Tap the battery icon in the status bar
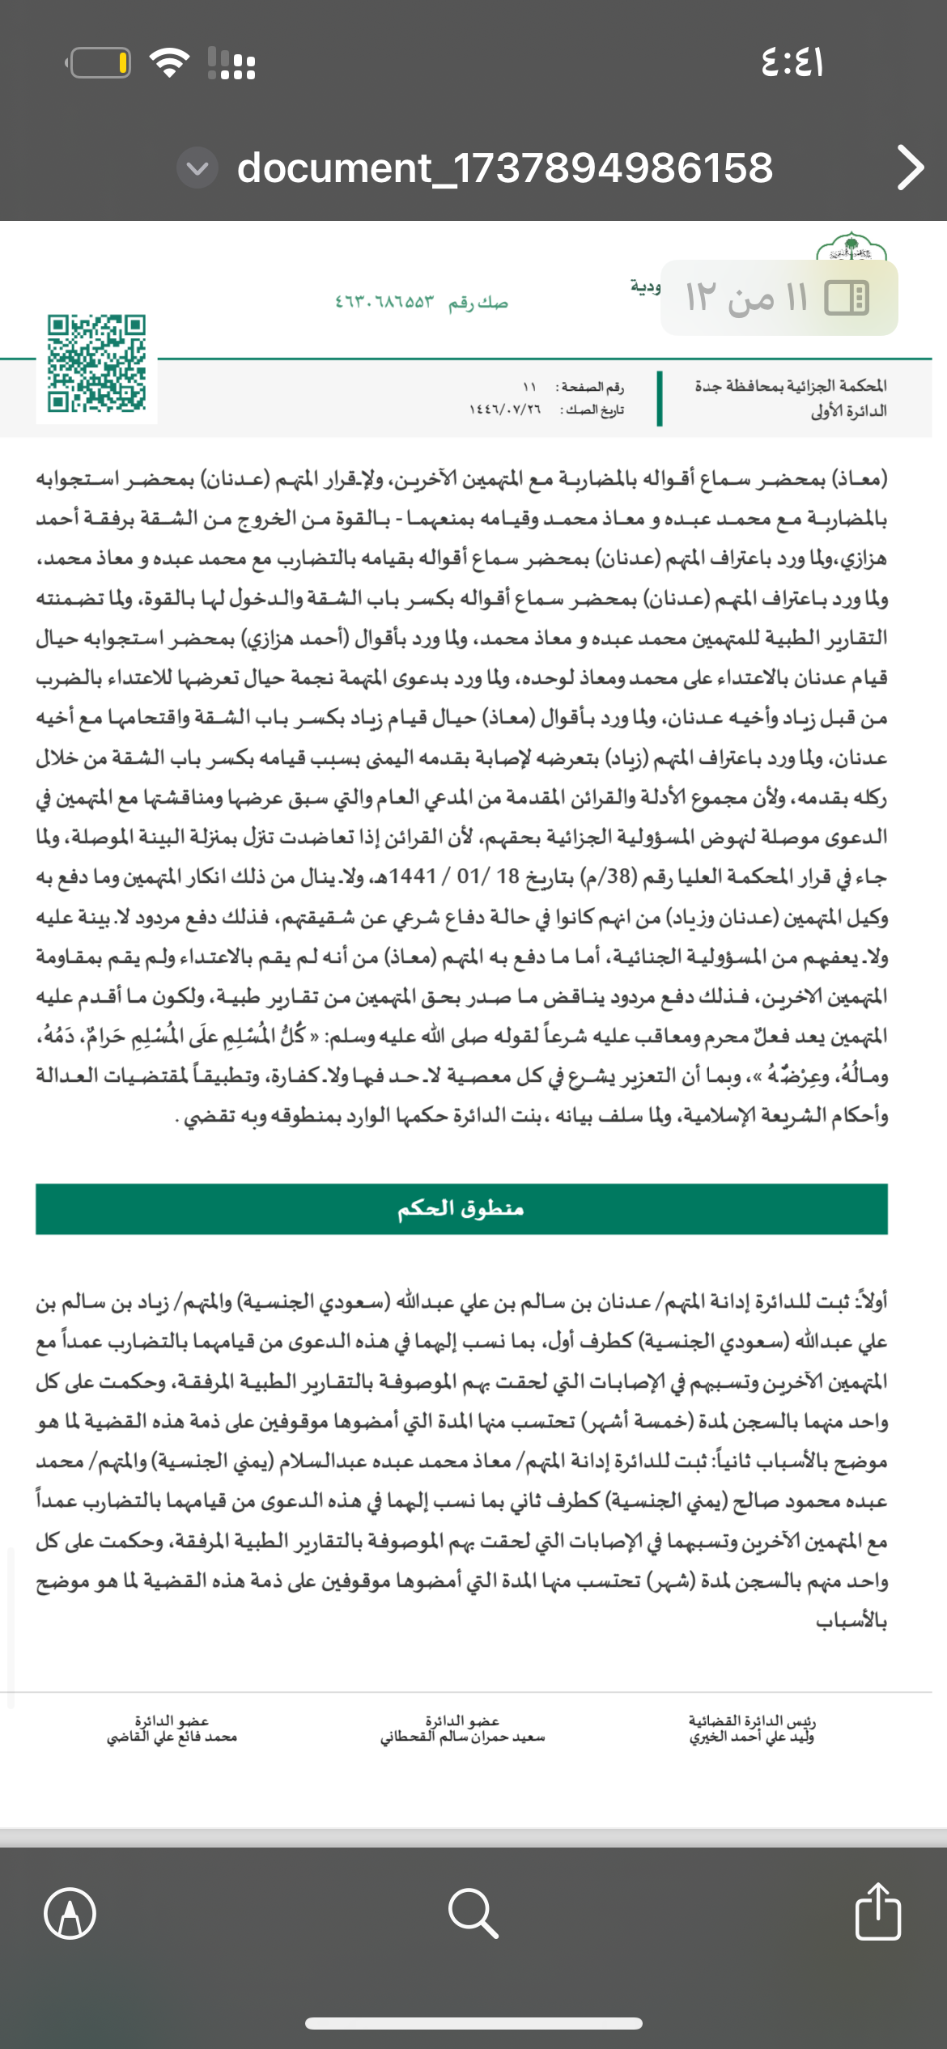[x=100, y=63]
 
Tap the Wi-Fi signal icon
[x=170, y=62]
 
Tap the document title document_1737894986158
[x=505, y=168]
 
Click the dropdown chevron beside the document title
[x=197, y=168]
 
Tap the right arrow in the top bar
[x=910, y=168]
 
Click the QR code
[x=96, y=363]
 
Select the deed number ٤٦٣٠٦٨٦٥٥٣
[x=384, y=303]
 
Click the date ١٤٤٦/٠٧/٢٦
[x=505, y=410]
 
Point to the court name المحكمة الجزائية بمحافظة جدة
[x=790, y=385]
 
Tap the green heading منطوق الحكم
[x=461, y=1208]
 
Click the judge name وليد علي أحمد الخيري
[x=752, y=1737]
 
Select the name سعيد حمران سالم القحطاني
[x=462, y=1737]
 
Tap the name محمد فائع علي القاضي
[x=172, y=1737]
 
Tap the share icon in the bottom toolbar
[x=877, y=1911]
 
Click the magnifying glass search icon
[x=473, y=1913]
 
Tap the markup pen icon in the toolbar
[x=70, y=1913]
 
